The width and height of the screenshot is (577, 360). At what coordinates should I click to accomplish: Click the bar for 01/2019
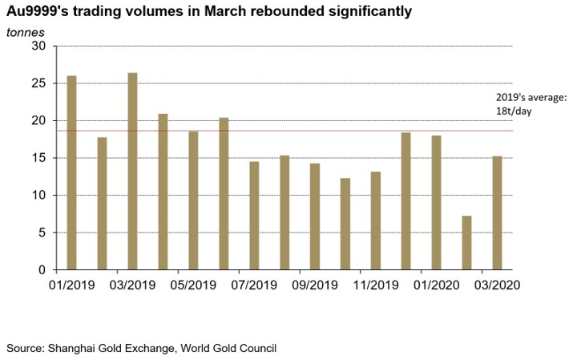click(72, 172)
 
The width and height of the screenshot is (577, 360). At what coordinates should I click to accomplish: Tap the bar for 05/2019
click(193, 200)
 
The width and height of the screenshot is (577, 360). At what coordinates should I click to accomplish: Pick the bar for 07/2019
click(254, 216)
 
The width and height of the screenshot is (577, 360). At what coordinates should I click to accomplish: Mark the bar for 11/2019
click(376, 220)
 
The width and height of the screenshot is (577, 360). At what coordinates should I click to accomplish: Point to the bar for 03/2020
click(497, 212)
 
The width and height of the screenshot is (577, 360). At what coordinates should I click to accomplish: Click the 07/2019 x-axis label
click(253, 285)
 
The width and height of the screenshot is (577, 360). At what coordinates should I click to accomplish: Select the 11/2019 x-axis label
click(375, 285)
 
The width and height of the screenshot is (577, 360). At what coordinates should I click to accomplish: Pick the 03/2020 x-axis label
click(497, 285)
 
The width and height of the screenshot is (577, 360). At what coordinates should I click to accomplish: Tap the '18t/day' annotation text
click(514, 111)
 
